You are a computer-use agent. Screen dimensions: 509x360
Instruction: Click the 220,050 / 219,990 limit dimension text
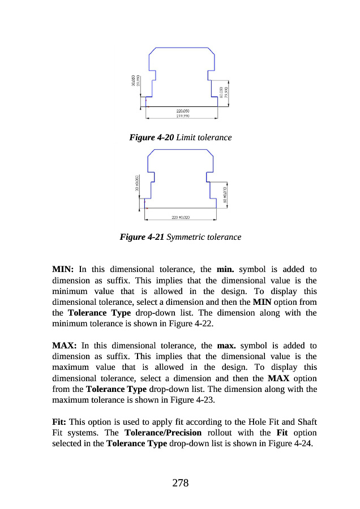(182, 113)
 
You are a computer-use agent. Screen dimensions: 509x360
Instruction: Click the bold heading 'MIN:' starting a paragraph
(63, 269)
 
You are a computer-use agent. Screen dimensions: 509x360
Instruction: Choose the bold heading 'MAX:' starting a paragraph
(64, 345)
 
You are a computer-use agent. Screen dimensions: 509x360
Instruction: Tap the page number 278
(180, 482)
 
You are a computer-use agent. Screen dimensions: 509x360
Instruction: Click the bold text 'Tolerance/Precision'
(163, 433)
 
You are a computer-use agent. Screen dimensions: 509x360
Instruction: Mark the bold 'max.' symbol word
(228, 345)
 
